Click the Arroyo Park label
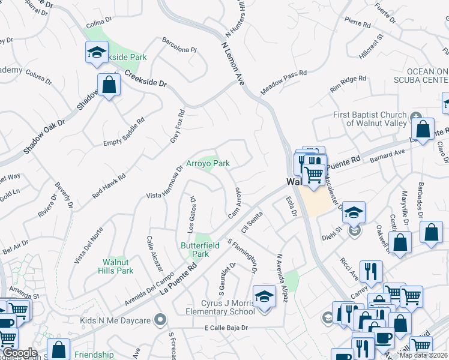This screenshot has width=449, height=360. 208,163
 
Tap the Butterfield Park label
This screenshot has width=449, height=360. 200,250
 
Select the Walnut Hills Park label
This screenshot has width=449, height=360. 116,266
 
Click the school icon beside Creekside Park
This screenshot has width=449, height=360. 96,53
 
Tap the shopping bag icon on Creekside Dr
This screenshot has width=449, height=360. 109,85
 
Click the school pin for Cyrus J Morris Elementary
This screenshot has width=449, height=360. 264,296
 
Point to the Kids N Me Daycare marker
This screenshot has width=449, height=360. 160,320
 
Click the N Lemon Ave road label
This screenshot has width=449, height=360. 233,63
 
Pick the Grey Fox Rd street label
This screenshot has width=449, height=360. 178,127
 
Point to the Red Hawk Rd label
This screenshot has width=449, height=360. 109,186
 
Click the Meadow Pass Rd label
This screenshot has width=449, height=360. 283,82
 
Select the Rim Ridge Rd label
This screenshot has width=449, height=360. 348,84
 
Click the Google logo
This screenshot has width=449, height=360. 20,353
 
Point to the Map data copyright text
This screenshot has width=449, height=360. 424,355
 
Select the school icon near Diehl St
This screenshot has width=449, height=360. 354,212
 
